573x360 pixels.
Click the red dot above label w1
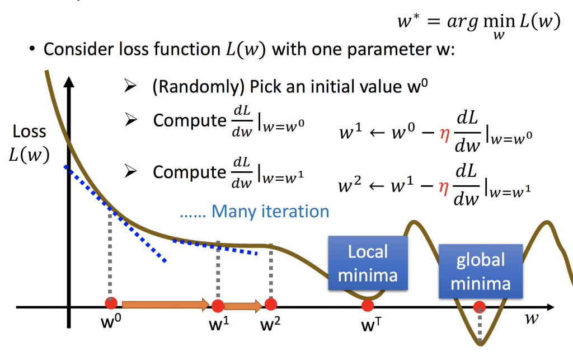click(218, 306)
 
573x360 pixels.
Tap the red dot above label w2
click(271, 304)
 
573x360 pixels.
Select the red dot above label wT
click(368, 306)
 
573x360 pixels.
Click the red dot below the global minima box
click(480, 307)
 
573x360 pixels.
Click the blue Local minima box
click(368, 263)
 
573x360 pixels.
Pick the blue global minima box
click(480, 271)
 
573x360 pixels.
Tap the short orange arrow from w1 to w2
click(244, 306)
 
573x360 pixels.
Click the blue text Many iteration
click(255, 211)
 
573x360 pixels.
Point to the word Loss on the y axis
click(30, 133)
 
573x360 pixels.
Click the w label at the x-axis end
click(533, 319)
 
